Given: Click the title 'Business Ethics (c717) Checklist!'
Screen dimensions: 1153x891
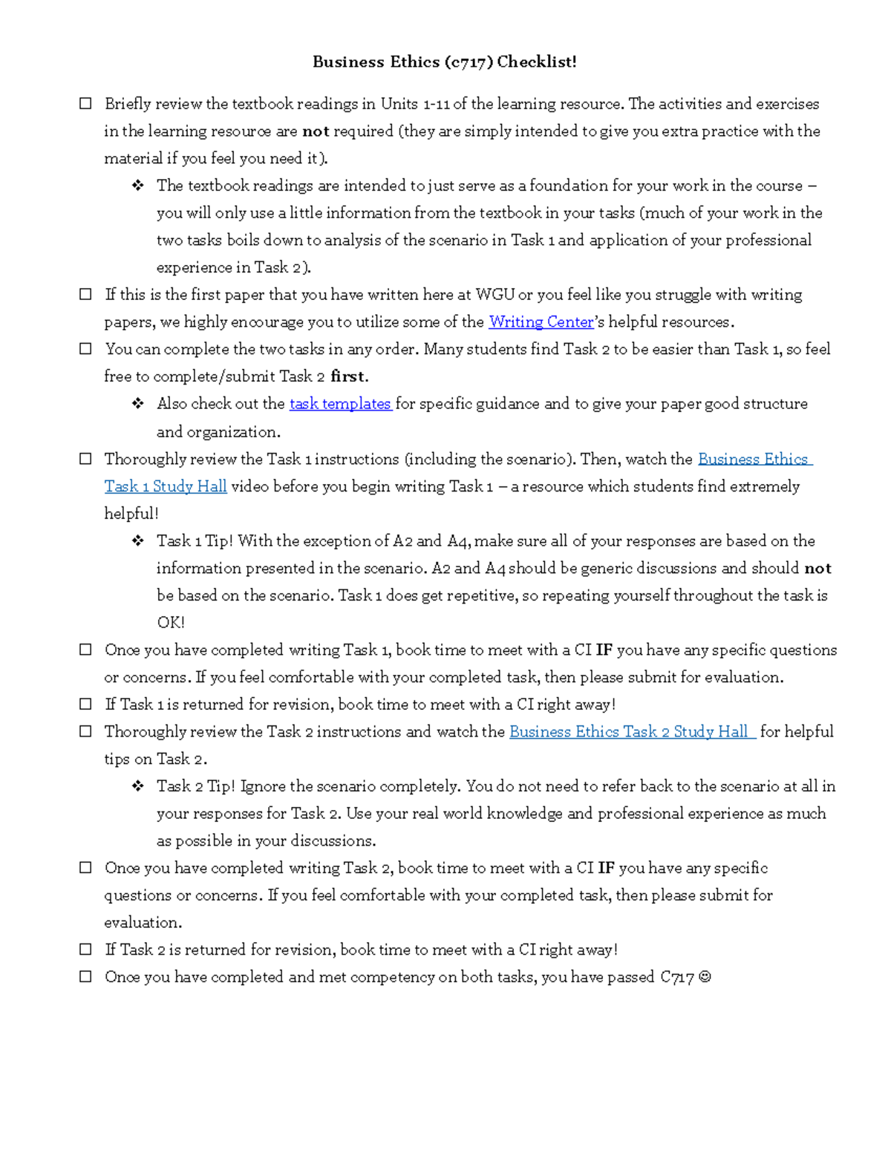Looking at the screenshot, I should pos(444,62).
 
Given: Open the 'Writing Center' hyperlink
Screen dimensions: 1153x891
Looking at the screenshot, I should pos(541,322).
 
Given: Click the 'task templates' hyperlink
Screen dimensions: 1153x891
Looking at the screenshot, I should pos(340,404).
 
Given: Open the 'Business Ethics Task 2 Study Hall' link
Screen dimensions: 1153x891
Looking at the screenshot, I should pos(632,732).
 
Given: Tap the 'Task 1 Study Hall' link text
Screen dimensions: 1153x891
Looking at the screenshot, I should pos(166,487).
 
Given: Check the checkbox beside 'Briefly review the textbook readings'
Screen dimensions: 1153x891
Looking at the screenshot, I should pos(86,104).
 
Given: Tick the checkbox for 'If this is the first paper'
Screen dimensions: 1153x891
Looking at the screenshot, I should pos(86,295).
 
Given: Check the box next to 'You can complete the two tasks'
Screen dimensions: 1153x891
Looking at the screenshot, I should pos(86,349).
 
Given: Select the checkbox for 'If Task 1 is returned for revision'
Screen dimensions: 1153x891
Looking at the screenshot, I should pos(86,705).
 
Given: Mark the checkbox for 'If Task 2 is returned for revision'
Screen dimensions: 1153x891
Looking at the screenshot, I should pos(86,950).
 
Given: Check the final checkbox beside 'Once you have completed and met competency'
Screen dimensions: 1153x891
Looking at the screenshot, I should pos(86,977).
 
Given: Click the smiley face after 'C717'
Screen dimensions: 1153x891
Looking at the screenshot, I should pos(705,978).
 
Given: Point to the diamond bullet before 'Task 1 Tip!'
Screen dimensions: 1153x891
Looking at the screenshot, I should pos(138,541).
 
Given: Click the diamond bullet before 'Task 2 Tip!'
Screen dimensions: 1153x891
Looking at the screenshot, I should pos(138,786).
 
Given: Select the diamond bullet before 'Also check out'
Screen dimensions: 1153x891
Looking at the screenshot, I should pos(138,404).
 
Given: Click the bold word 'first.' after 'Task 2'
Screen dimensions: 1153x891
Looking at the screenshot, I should pos(349,376).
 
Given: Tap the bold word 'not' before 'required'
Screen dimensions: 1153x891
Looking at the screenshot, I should pos(316,131).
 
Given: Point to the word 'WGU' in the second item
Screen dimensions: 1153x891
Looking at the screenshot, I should pos(495,295).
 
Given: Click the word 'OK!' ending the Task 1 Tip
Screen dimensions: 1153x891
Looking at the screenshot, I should pos(170,623).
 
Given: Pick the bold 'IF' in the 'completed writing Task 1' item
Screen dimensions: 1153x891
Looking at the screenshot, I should pos(604,650).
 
